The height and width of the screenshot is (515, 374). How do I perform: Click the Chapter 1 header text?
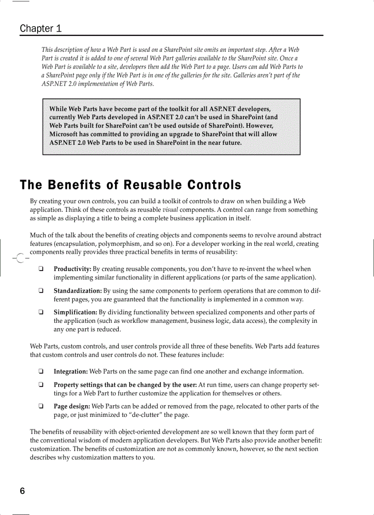40,28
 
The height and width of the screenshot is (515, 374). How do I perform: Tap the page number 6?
22,491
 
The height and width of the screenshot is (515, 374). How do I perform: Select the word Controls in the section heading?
214,185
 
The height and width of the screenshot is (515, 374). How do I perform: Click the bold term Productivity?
72,269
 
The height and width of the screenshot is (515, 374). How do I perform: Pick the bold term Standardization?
77,291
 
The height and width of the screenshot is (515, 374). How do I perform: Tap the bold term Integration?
71,371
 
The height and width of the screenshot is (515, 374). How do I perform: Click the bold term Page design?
72,406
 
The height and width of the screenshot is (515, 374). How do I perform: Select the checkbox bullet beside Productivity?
41,269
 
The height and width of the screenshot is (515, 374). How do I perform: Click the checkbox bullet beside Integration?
41,371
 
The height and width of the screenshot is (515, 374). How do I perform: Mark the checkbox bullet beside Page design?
41,406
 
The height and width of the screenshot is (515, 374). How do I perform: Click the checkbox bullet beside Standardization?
41,291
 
